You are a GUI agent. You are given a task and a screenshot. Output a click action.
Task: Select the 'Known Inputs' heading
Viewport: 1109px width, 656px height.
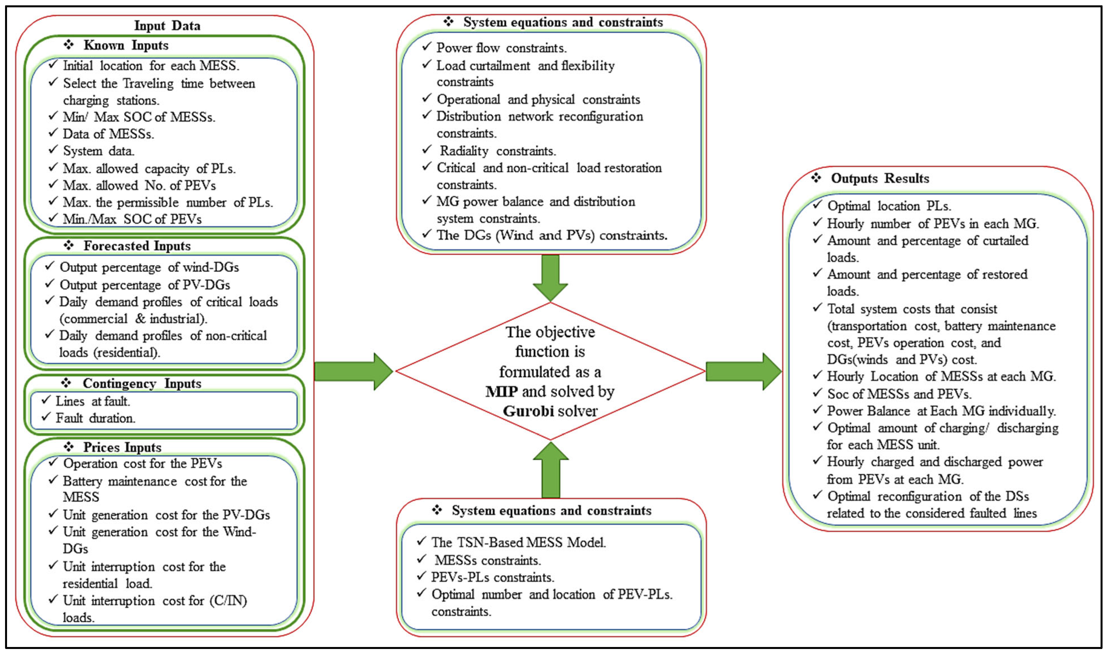click(x=126, y=45)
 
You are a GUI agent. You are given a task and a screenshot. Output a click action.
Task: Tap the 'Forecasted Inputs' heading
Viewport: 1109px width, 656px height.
click(x=137, y=246)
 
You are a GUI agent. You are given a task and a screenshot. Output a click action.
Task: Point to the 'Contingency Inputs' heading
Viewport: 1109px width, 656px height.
click(x=142, y=383)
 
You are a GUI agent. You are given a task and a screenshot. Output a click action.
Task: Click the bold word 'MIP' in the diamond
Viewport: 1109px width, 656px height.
click(x=501, y=392)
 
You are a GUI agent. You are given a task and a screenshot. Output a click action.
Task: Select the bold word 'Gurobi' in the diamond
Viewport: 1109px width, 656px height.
click(x=528, y=411)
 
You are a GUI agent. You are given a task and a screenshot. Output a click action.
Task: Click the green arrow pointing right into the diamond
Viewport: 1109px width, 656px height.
click(x=354, y=371)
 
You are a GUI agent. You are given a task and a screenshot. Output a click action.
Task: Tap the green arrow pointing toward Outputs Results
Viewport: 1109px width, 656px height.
click(x=744, y=371)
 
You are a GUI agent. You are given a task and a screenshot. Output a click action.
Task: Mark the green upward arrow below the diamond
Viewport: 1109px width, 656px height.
click(x=551, y=470)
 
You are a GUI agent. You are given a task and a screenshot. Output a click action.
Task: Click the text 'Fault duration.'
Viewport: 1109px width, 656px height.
click(x=96, y=418)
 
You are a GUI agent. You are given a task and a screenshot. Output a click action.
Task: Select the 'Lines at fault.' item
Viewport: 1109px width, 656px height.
click(x=93, y=401)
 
